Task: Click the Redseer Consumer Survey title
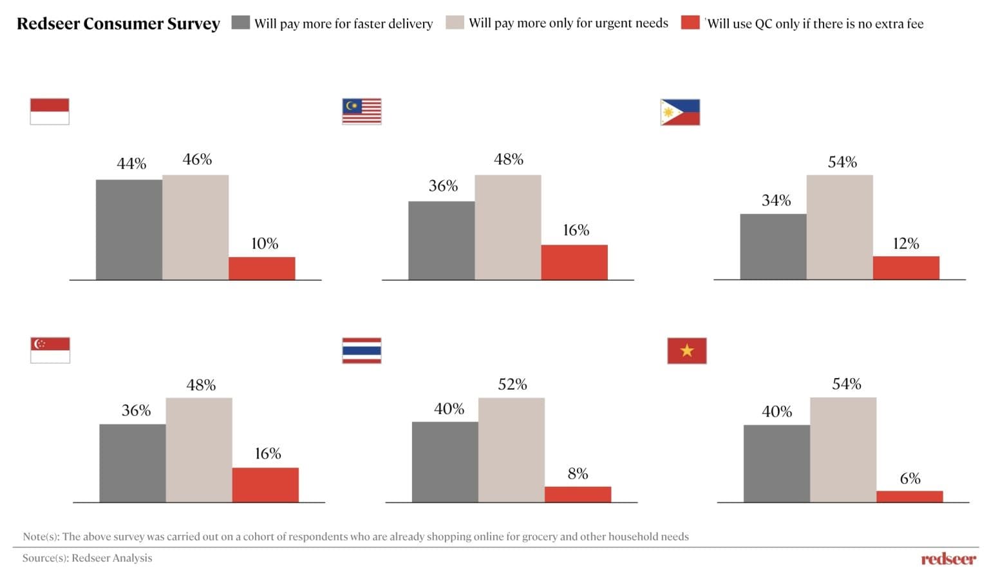point(118,24)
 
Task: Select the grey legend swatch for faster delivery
point(241,23)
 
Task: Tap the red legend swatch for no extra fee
point(690,23)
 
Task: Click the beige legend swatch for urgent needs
point(455,23)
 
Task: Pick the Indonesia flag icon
point(50,111)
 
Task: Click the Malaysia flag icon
point(362,111)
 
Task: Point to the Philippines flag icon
point(680,112)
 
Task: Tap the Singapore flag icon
point(50,350)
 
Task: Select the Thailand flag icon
point(362,350)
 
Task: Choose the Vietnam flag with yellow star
point(687,350)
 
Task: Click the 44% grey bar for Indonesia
point(129,230)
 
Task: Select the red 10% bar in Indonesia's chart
point(262,268)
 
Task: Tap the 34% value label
point(776,200)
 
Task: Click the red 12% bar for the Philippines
point(906,268)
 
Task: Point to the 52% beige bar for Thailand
point(511,450)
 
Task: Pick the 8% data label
point(578,474)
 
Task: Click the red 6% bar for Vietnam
point(910,497)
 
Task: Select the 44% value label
point(131,164)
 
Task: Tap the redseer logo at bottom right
point(948,558)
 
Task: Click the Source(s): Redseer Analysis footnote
point(88,558)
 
